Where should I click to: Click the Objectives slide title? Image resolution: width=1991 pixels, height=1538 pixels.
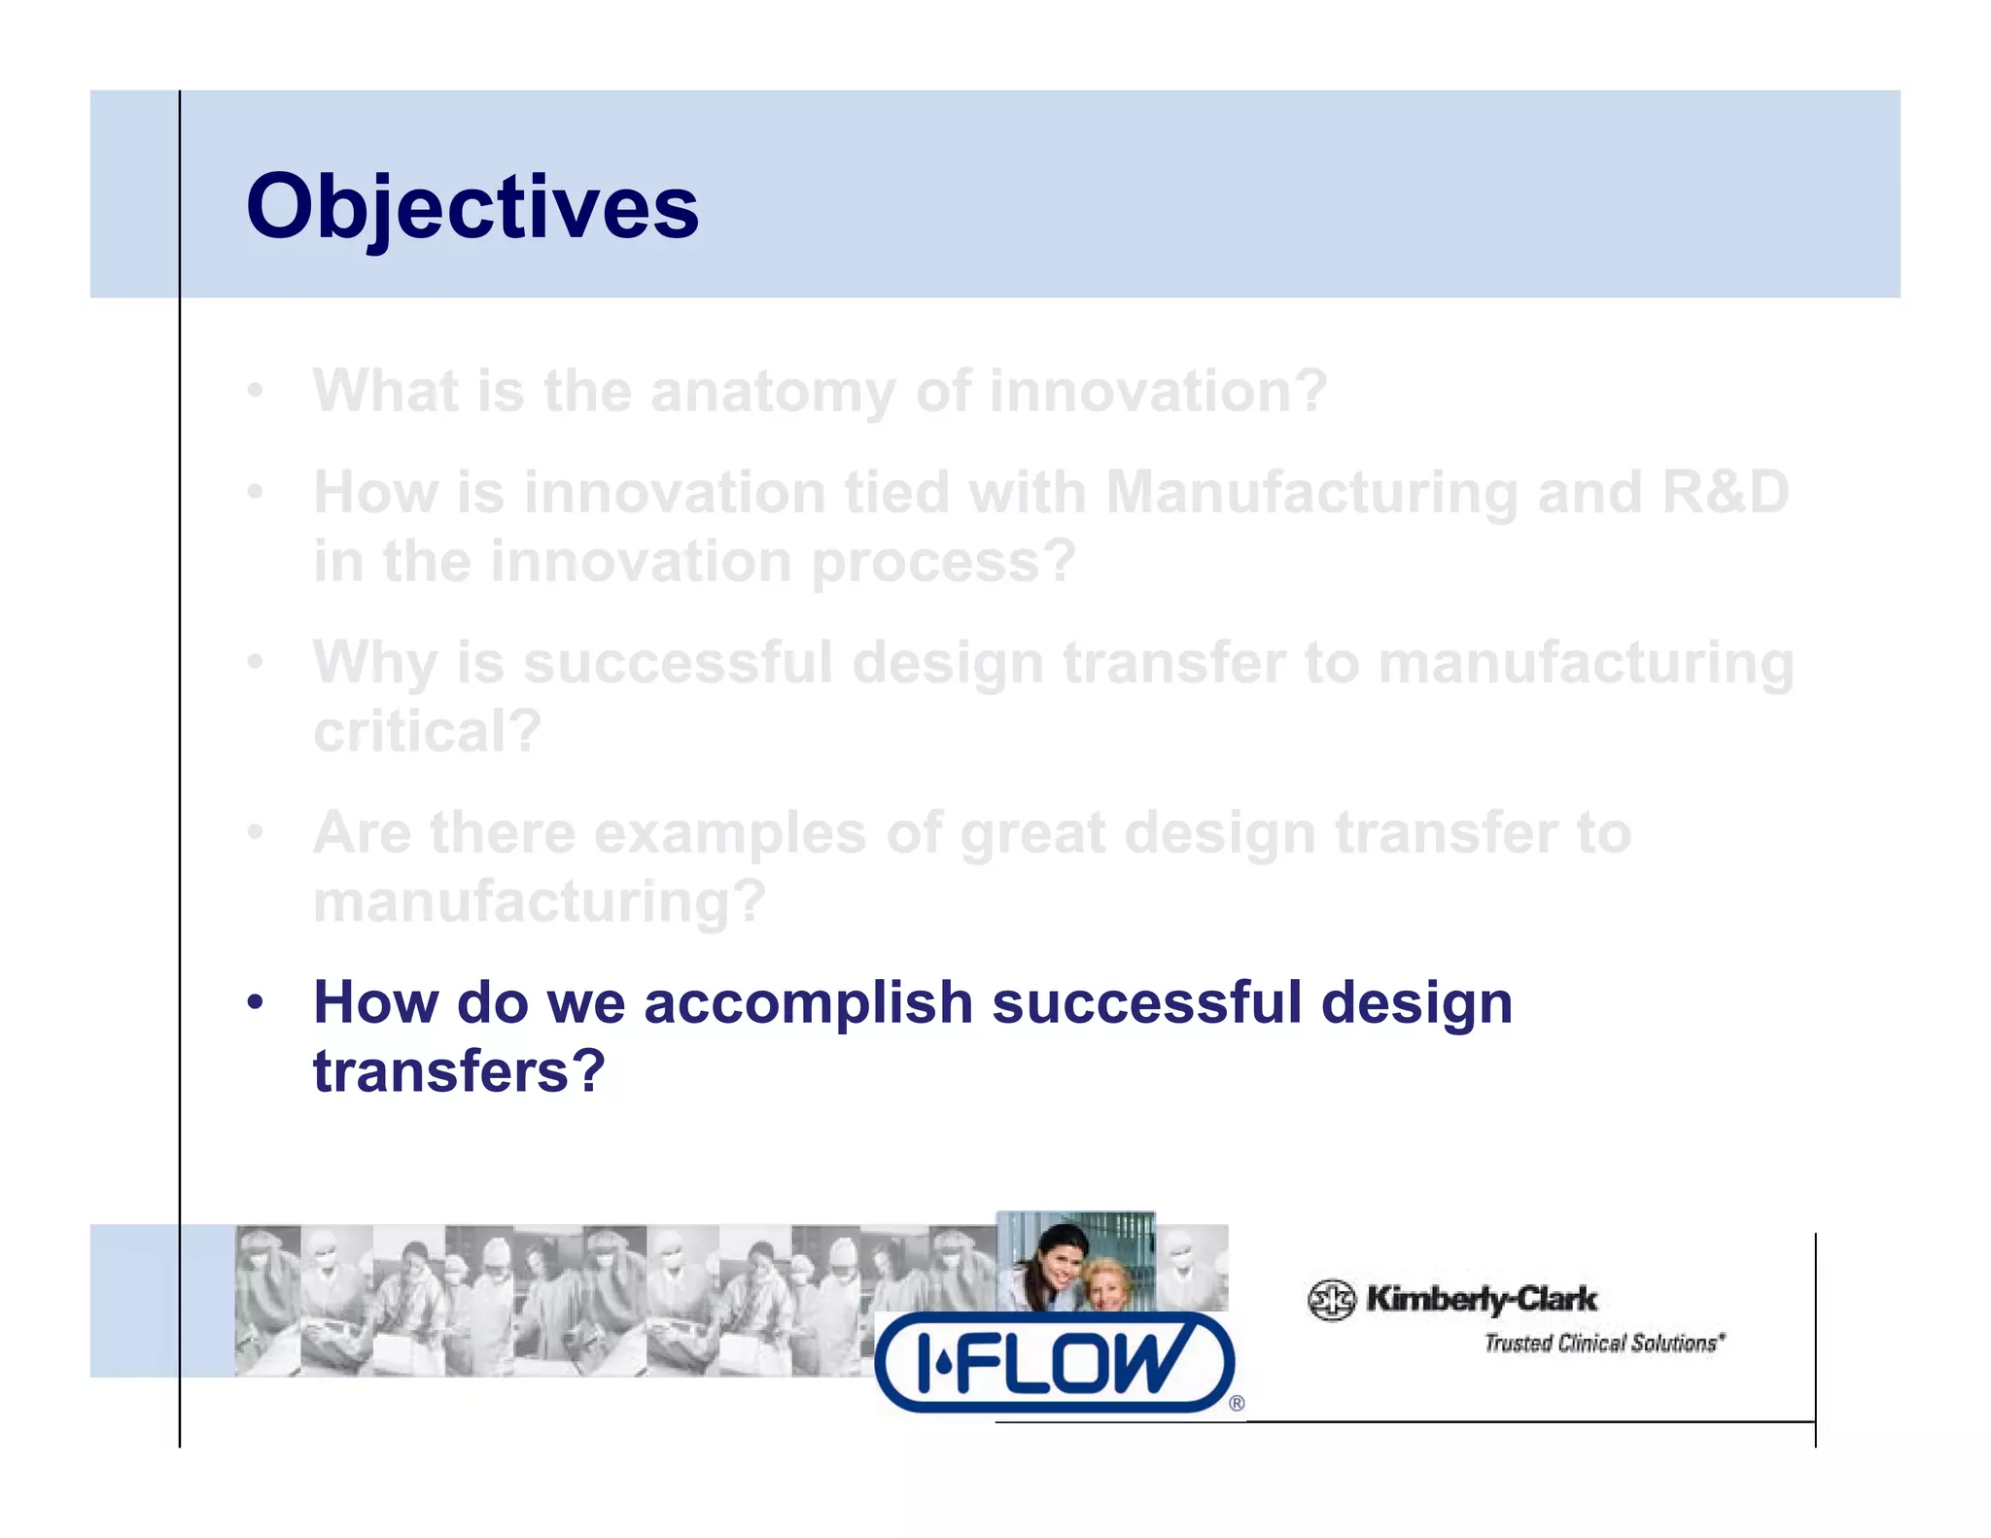pos(472,207)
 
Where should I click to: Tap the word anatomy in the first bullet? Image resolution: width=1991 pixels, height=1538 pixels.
pos(773,393)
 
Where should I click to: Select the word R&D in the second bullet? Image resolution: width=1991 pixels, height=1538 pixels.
pos(1725,492)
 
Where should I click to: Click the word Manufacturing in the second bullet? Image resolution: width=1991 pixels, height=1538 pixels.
pos(1311,492)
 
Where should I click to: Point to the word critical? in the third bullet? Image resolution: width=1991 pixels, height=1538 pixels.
pos(427,731)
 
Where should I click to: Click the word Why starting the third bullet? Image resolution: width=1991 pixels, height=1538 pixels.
pos(374,664)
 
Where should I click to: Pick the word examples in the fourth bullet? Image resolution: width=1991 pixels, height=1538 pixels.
pos(729,833)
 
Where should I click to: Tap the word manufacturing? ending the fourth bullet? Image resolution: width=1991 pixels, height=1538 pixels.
pos(540,902)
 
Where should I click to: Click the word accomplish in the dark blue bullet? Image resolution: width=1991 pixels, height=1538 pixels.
pos(808,1002)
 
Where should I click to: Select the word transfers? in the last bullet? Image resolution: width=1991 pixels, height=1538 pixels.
pos(459,1071)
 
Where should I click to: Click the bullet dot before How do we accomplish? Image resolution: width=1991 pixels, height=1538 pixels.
pos(255,1001)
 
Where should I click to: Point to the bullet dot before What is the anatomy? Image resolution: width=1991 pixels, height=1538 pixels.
pos(255,391)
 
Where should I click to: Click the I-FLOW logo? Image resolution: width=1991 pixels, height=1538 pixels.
pos(1054,1361)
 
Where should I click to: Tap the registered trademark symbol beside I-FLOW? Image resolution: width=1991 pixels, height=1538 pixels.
pos(1237,1403)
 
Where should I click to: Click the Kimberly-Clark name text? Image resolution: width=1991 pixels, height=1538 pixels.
pos(1481,1299)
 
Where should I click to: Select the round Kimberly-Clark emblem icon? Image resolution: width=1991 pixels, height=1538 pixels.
pos(1331,1300)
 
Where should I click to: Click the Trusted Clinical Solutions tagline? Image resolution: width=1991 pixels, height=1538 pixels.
pos(1603,1344)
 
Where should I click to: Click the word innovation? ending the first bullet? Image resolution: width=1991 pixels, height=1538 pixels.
pos(1158,393)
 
